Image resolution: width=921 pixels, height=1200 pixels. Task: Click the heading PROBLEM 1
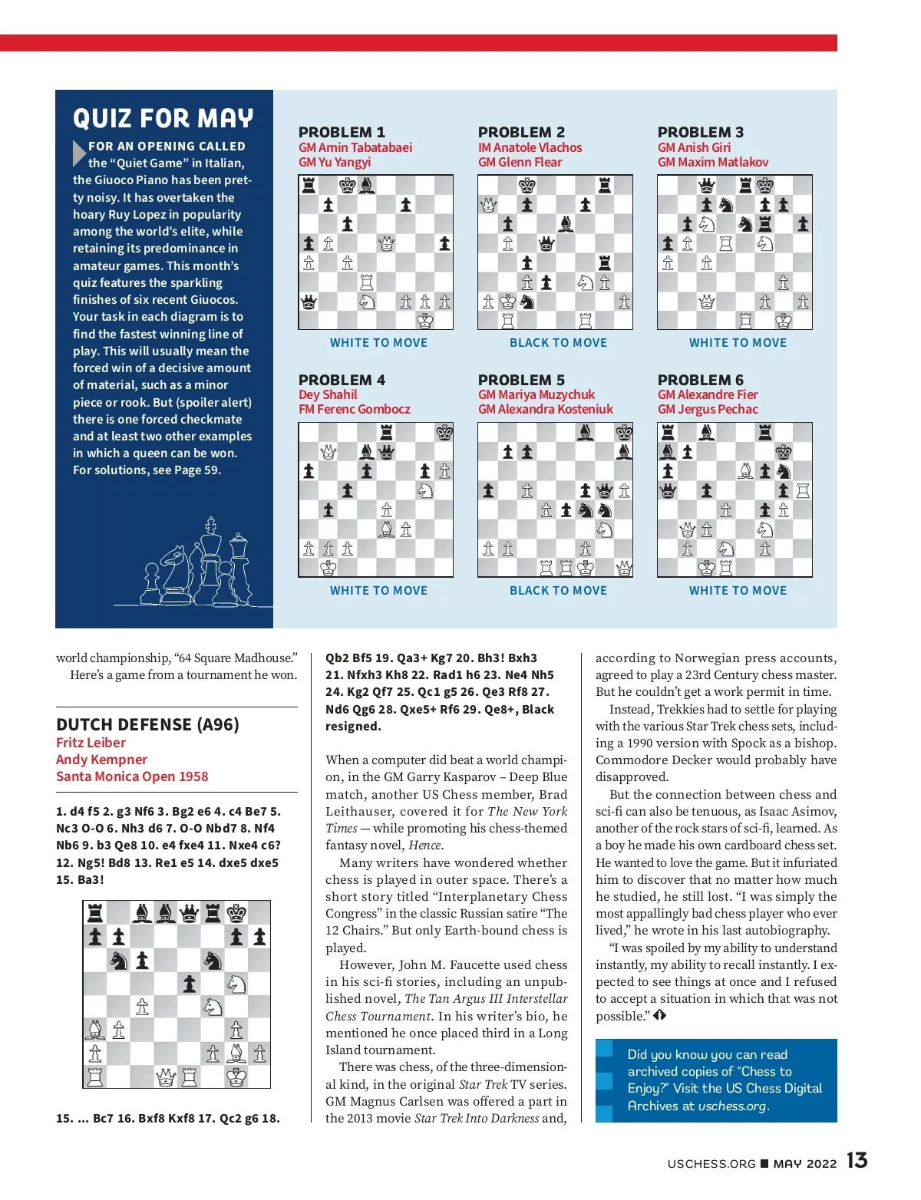tap(342, 132)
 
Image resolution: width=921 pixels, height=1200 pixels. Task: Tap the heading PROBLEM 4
tap(342, 380)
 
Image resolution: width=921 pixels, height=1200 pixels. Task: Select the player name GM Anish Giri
tap(694, 147)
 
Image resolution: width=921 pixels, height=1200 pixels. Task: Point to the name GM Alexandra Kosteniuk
tap(545, 409)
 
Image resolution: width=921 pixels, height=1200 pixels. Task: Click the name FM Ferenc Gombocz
tap(354, 409)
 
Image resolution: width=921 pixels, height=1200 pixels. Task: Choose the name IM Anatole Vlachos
tap(530, 147)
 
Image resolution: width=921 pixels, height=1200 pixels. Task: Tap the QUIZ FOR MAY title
tap(163, 118)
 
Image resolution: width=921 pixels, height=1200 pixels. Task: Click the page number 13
tap(857, 1160)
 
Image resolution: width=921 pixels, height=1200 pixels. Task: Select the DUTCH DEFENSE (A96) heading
tap(147, 724)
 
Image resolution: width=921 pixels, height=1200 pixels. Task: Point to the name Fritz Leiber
tap(91, 743)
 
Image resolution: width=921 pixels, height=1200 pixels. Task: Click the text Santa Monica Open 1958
tap(132, 776)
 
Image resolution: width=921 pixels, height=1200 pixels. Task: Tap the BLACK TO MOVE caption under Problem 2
tap(558, 343)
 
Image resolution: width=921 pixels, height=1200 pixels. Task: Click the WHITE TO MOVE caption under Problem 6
tap(738, 591)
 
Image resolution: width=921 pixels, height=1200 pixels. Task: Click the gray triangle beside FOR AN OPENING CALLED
tap(79, 153)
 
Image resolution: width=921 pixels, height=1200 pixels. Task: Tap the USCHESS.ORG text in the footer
tap(711, 1163)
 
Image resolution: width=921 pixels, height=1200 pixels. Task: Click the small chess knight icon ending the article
tap(659, 1015)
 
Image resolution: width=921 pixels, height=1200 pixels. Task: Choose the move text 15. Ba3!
tap(80, 879)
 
